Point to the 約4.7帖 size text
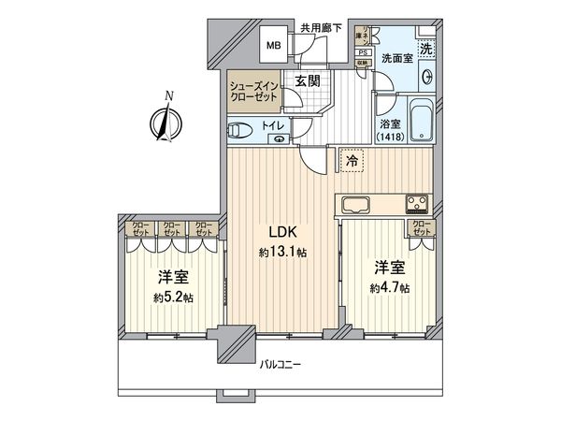(x=391, y=288)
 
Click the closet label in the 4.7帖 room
(x=422, y=226)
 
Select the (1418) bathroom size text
(x=392, y=138)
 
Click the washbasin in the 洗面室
(x=427, y=77)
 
